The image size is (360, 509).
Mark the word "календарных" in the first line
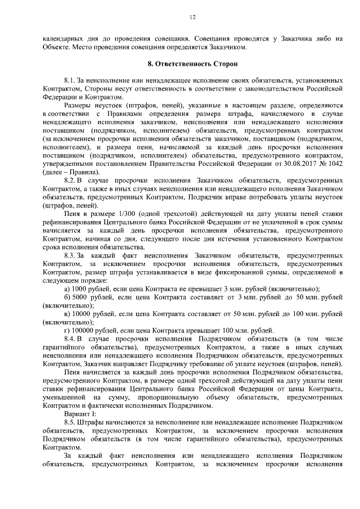pos(65,39)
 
